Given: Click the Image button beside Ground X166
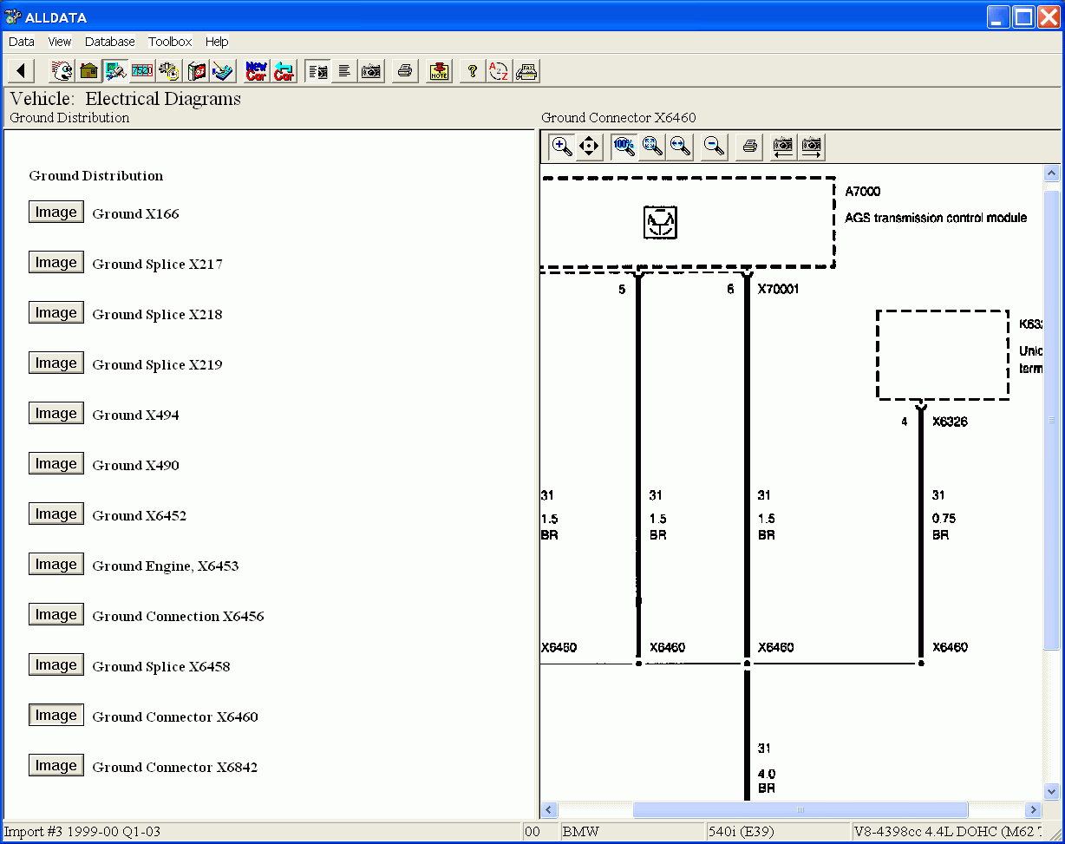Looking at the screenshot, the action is click(56, 212).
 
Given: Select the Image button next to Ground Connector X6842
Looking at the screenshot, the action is click(56, 765).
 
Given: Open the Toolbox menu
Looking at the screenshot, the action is click(170, 42).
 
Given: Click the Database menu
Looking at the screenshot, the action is click(110, 42).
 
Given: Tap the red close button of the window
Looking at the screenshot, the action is click(1049, 17).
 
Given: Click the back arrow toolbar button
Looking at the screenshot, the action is click(21, 71).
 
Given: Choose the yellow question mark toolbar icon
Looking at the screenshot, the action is click(472, 71).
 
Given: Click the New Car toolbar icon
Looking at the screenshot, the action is click(257, 71).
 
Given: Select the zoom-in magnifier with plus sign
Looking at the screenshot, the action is click(561, 146).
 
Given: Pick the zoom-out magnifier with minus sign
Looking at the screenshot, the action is click(714, 146).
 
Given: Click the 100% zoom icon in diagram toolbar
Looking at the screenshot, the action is click(624, 146).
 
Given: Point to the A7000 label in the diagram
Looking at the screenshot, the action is click(863, 192).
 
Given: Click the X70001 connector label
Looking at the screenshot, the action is click(778, 289).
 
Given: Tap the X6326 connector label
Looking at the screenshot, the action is click(950, 422).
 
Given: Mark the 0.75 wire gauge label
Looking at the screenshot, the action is click(944, 518).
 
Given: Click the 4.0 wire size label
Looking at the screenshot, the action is click(767, 774).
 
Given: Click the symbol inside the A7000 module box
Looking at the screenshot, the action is click(660, 222).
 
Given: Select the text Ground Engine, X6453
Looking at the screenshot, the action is click(166, 566).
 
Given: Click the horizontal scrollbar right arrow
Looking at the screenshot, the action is click(1033, 810).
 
